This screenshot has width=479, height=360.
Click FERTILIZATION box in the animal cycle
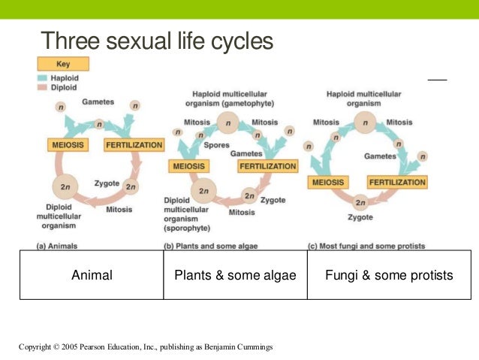(134, 144)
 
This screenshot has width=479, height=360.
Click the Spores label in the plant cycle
(217, 145)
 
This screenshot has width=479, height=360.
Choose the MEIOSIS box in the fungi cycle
(327, 182)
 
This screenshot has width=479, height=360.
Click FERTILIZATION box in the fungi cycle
(397, 182)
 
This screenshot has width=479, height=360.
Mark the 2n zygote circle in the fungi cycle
(360, 201)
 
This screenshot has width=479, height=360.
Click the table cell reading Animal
(92, 275)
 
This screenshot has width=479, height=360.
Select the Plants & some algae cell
(235, 275)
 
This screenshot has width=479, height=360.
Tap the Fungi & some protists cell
(389, 275)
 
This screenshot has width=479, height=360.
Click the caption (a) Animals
(57, 246)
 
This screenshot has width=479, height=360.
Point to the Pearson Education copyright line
(146, 346)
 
